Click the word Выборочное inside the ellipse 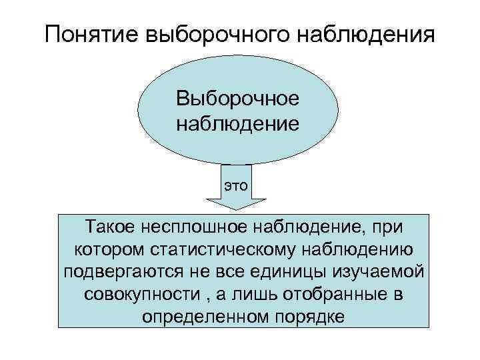(x=238, y=99)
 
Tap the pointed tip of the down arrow (x=236, y=211)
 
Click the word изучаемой (x=376, y=272)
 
